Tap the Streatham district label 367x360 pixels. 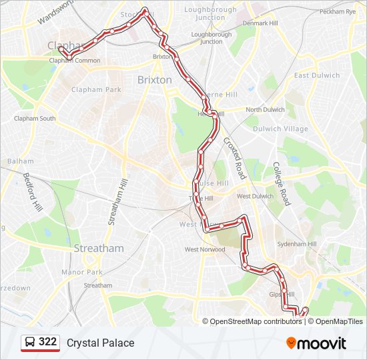tap(99, 248)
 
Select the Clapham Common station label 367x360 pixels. tap(75, 61)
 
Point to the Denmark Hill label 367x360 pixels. tap(260, 23)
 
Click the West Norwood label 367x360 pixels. tap(205, 250)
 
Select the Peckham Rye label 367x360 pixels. tap(338, 12)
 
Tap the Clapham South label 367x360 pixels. tap(35, 119)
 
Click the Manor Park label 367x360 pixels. tap(81, 272)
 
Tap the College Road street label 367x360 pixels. tap(281, 183)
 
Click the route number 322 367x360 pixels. tap(47, 342)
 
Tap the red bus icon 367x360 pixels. tap(31, 343)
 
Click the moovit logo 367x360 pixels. tap(316, 343)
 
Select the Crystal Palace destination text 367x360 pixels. tap(100, 343)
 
